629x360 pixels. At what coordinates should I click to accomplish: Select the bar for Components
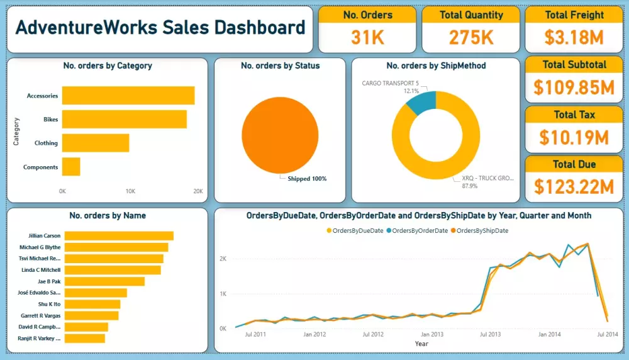coord(71,167)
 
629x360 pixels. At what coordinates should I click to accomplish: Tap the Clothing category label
coord(46,143)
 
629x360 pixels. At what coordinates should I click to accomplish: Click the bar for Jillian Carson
coord(119,236)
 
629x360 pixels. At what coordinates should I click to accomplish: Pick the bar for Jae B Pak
coord(104,281)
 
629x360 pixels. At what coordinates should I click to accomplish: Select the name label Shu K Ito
coord(48,304)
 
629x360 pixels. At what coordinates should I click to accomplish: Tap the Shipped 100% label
coord(307,179)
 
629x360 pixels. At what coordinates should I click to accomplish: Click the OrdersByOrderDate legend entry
coord(418,231)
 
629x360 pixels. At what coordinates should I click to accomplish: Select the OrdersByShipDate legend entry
coord(482,231)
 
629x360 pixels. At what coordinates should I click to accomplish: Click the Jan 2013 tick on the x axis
coord(432,335)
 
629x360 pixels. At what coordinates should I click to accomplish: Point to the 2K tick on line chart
coord(222,259)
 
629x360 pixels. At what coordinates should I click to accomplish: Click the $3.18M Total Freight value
coord(574,37)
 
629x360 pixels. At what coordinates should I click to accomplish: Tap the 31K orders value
coord(367,37)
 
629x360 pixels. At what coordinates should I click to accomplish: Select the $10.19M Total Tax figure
coord(574,137)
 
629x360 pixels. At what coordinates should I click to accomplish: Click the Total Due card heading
coord(574,164)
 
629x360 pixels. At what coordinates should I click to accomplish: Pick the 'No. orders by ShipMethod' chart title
coord(436,65)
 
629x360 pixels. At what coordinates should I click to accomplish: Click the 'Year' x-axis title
coord(421,344)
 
